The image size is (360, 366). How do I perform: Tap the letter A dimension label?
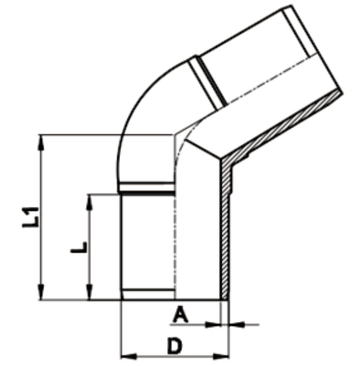pyautogui.click(x=180, y=315)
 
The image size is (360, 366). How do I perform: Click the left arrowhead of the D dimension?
pyautogui.click(x=125, y=356)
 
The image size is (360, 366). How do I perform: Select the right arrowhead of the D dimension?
pyautogui.click(x=221, y=356)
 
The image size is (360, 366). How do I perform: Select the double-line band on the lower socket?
pyautogui.click(x=146, y=188)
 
